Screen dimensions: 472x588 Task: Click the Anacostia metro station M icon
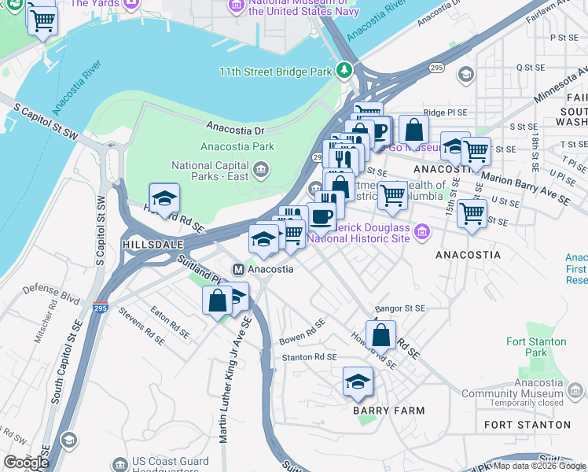237,269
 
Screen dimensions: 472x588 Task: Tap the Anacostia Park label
237,146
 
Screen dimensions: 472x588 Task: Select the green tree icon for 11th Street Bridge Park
344,72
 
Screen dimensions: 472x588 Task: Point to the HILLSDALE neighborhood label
146,245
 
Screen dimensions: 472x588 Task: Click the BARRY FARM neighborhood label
388,411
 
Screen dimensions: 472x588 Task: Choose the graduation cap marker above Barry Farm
358,383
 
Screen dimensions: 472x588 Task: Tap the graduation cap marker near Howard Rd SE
164,200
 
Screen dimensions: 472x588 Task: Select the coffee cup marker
320,217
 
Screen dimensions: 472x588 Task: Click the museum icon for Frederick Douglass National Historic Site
423,231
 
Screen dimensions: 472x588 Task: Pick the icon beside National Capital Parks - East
261,168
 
